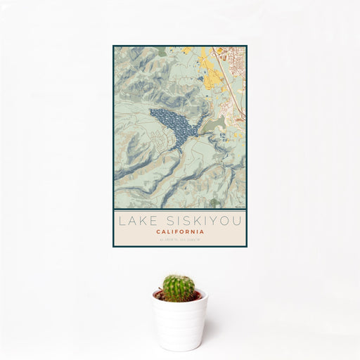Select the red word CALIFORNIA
(x=180, y=231)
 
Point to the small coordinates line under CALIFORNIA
(x=180, y=240)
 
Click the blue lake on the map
(x=172, y=124)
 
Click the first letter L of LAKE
(x=122, y=221)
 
